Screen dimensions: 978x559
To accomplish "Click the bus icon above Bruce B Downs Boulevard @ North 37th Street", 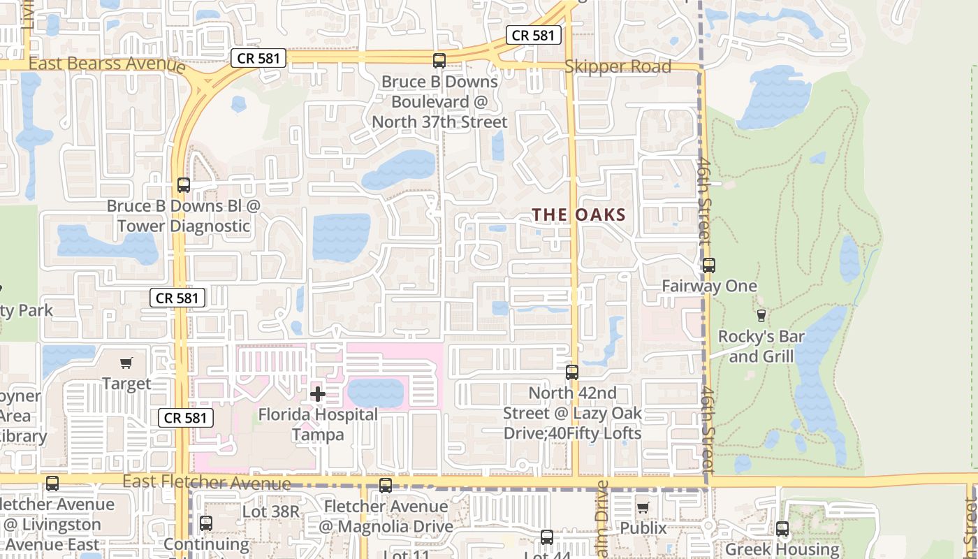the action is pos(439,61).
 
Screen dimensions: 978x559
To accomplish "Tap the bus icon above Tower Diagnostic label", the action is pos(184,185).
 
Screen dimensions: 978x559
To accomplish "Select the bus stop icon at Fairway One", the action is pos(709,266).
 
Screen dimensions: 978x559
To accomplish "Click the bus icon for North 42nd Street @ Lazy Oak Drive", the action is pos(572,372).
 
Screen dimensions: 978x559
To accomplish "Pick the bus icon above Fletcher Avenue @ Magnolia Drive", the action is pos(386,486).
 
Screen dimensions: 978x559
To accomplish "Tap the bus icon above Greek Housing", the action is pos(782,529).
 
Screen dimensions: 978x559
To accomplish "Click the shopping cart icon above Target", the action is pos(126,363).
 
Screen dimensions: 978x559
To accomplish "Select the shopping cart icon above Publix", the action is pos(643,507).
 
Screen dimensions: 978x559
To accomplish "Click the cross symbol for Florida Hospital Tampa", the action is pos(318,394).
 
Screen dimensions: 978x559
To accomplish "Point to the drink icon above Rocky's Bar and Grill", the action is pos(761,316).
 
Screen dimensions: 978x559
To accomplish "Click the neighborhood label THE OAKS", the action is pos(579,215).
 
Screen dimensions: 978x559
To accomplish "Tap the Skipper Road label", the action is pos(618,67).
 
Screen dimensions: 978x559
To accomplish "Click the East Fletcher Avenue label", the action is pos(206,482).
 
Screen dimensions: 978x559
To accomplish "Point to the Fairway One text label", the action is pos(709,286).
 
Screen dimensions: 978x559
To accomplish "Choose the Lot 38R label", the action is pos(270,511).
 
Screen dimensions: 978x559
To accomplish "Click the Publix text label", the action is pos(643,528).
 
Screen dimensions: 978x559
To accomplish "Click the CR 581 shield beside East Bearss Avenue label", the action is pos(258,58).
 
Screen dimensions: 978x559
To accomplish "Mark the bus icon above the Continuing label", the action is pos(206,523).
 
